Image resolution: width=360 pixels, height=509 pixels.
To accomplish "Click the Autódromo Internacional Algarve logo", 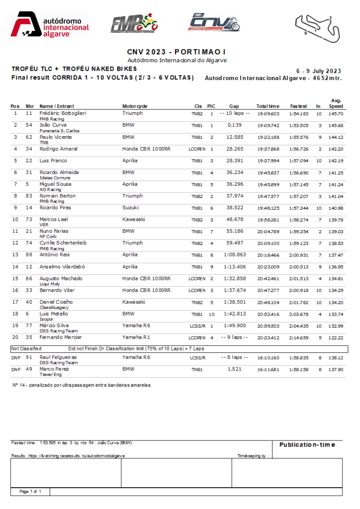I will [x=50, y=24].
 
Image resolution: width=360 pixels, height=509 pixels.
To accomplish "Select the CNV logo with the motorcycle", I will [x=214, y=23].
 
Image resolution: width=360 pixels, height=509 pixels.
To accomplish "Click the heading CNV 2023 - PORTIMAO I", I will [x=177, y=52].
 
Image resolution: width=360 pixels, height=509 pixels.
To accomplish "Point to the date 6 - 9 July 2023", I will [x=318, y=71].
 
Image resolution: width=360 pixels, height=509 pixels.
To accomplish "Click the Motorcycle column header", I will [x=135, y=106].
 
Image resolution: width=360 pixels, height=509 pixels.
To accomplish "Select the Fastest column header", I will [x=298, y=106].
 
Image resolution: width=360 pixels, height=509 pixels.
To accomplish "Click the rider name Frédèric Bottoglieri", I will [x=63, y=113].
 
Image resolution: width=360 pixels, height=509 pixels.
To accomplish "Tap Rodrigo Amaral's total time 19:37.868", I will [x=268, y=149].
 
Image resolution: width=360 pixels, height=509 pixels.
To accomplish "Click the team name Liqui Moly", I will [x=49, y=284].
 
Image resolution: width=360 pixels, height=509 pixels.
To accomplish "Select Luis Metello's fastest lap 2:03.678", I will [x=298, y=314].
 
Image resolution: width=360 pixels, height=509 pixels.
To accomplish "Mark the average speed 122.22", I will [x=336, y=338].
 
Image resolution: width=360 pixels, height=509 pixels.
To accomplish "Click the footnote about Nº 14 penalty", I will [x=81, y=385].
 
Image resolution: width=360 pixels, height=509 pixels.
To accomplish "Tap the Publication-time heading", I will [x=307, y=445].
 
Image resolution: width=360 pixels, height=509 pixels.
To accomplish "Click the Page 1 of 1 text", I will [x=30, y=491].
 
